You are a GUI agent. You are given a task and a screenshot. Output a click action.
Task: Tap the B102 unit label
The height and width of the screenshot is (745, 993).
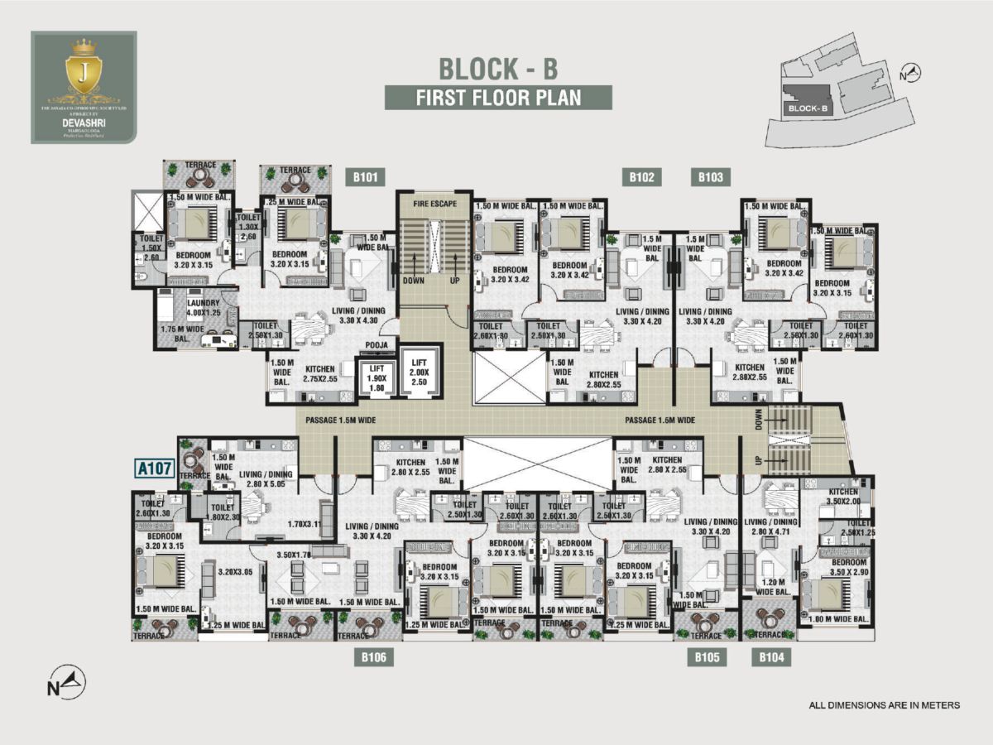641,176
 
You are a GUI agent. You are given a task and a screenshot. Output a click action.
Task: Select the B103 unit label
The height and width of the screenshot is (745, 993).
710,176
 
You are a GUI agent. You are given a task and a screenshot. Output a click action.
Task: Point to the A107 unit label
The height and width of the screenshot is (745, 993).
154,469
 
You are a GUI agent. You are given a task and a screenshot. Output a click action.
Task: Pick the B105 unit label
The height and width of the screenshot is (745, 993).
706,658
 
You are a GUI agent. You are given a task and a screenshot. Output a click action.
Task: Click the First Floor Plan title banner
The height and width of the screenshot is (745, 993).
498,97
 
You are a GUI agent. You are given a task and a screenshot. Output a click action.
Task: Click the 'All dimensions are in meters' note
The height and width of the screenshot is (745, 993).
884,705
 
